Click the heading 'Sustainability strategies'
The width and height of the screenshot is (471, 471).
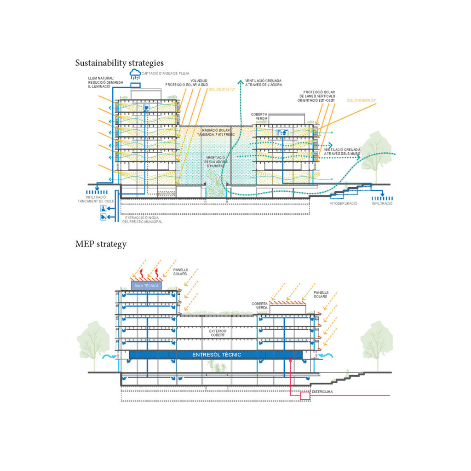click(119, 63)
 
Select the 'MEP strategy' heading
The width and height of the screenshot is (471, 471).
click(101, 244)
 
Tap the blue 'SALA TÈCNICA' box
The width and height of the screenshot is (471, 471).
click(146, 286)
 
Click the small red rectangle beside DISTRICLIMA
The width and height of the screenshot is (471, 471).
click(305, 395)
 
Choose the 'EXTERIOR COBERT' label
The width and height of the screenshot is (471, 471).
click(218, 333)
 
